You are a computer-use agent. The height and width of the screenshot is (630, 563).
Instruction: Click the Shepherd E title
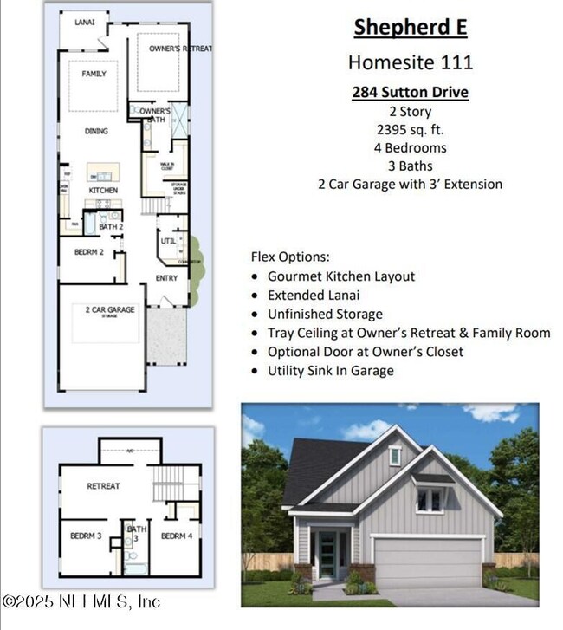pyautogui.click(x=410, y=27)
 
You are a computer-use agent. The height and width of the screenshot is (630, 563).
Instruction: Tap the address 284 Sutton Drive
pyautogui.click(x=410, y=92)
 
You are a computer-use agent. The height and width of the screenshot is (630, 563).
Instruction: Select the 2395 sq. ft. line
pyautogui.click(x=410, y=129)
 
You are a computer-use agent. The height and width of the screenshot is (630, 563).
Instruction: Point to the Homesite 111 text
pyautogui.click(x=410, y=62)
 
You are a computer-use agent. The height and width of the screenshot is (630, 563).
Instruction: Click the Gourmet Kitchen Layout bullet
pyautogui.click(x=340, y=276)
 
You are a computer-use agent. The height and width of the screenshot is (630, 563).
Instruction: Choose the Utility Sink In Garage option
pyautogui.click(x=330, y=370)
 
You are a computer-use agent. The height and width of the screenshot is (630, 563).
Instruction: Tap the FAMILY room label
pyautogui.click(x=94, y=75)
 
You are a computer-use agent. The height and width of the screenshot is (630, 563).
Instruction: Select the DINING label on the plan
pyautogui.click(x=96, y=131)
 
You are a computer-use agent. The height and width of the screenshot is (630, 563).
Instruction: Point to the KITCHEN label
pyautogui.click(x=103, y=190)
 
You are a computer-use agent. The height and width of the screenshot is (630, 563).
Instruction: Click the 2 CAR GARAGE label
pyautogui.click(x=109, y=309)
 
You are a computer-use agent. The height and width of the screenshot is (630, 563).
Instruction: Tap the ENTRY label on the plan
pyautogui.click(x=166, y=277)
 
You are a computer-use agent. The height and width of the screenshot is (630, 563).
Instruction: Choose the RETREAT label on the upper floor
pyautogui.click(x=103, y=486)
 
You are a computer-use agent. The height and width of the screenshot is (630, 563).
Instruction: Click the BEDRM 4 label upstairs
pyautogui.click(x=176, y=536)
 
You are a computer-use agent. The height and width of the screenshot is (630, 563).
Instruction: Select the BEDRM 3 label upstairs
pyautogui.click(x=86, y=536)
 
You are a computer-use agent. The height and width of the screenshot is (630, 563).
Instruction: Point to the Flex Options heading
pyautogui.click(x=289, y=257)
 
